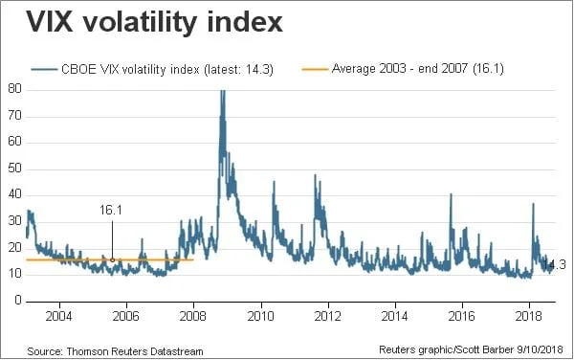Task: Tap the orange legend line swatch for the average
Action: coord(315,69)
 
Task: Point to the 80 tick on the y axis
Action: coord(15,89)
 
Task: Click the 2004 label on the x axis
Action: coord(59,315)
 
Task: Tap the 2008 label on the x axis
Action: coord(193,315)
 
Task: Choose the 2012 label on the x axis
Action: coord(328,315)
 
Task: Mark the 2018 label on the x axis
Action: coord(529,315)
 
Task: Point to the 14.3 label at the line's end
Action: coord(555,263)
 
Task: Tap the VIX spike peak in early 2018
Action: coord(533,203)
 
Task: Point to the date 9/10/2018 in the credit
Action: coord(543,351)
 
